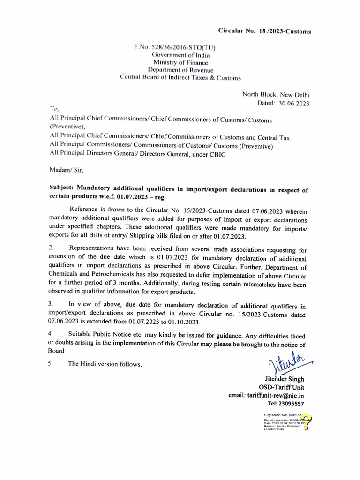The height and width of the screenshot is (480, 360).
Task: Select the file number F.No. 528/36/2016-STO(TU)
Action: pos(175,47)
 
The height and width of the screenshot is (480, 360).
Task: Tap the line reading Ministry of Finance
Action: pos(181,62)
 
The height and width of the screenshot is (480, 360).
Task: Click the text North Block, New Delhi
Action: pos(276,94)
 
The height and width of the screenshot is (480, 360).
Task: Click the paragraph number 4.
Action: pos(52,336)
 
